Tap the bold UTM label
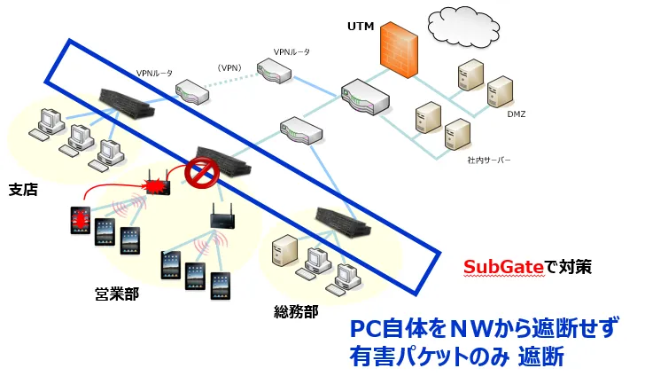(x=360, y=27)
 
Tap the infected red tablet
(x=82, y=219)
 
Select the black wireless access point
(x=221, y=216)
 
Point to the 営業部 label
(x=117, y=292)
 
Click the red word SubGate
(x=499, y=266)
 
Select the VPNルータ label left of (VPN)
(x=154, y=73)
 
